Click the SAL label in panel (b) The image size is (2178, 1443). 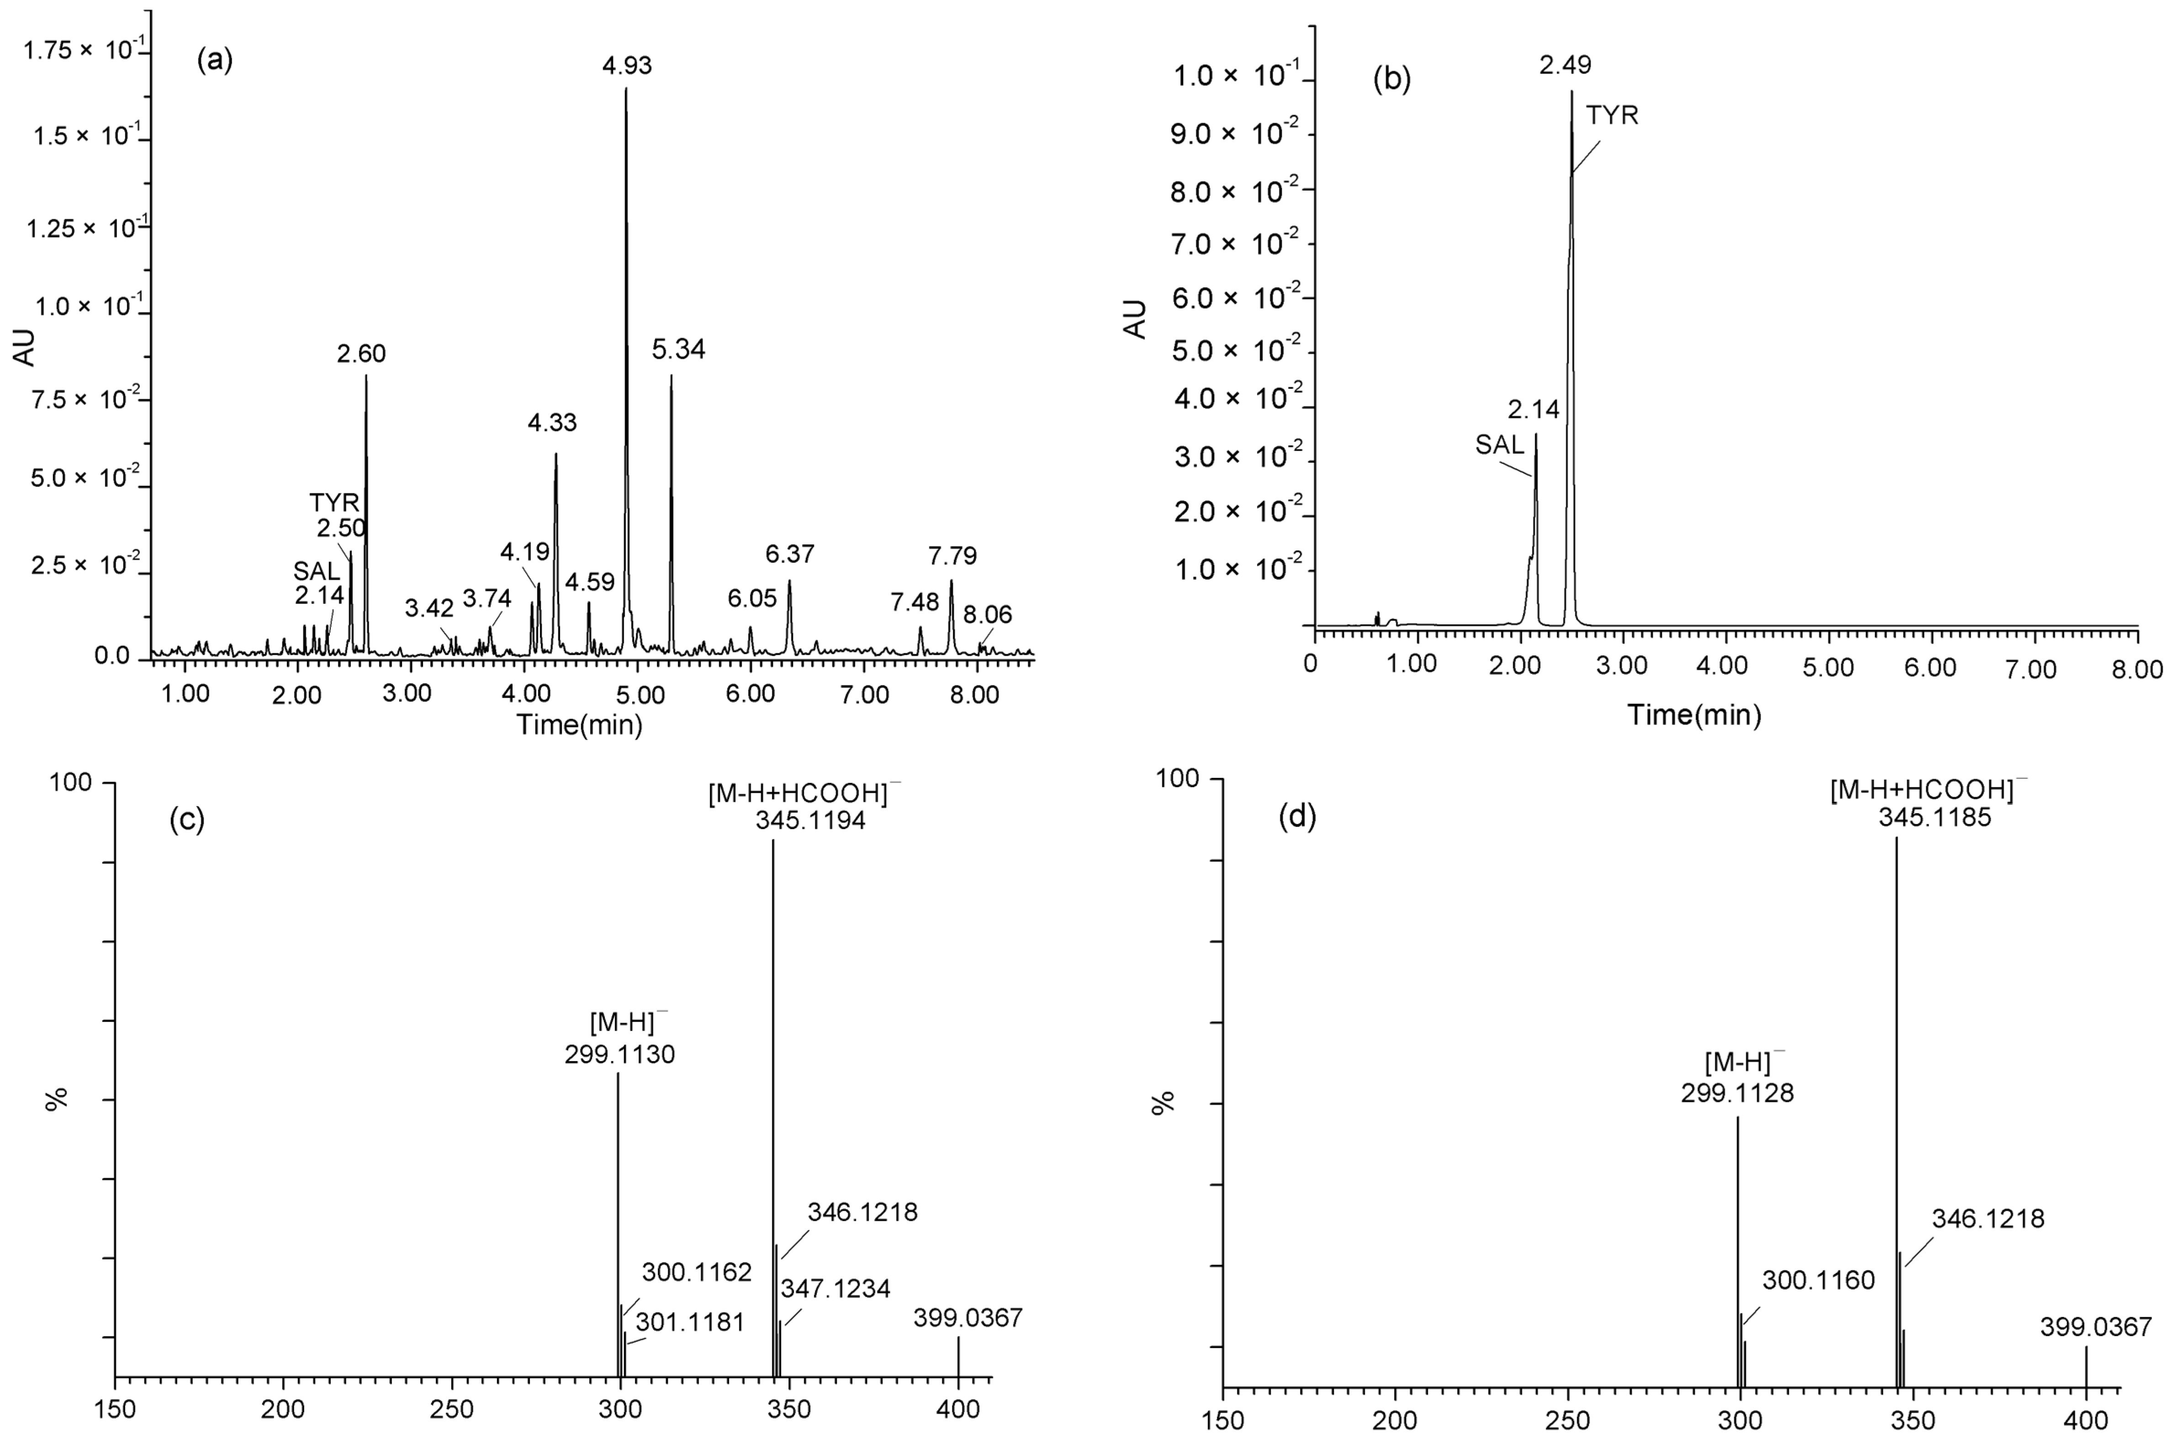pyautogui.click(x=1500, y=445)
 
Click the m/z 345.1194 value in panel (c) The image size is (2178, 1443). pyautogui.click(x=810, y=821)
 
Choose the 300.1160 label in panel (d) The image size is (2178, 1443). pyautogui.click(x=1818, y=1280)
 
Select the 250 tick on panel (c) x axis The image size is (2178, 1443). pyautogui.click(x=451, y=1411)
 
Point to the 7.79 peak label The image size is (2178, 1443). pyautogui.click(x=952, y=556)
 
